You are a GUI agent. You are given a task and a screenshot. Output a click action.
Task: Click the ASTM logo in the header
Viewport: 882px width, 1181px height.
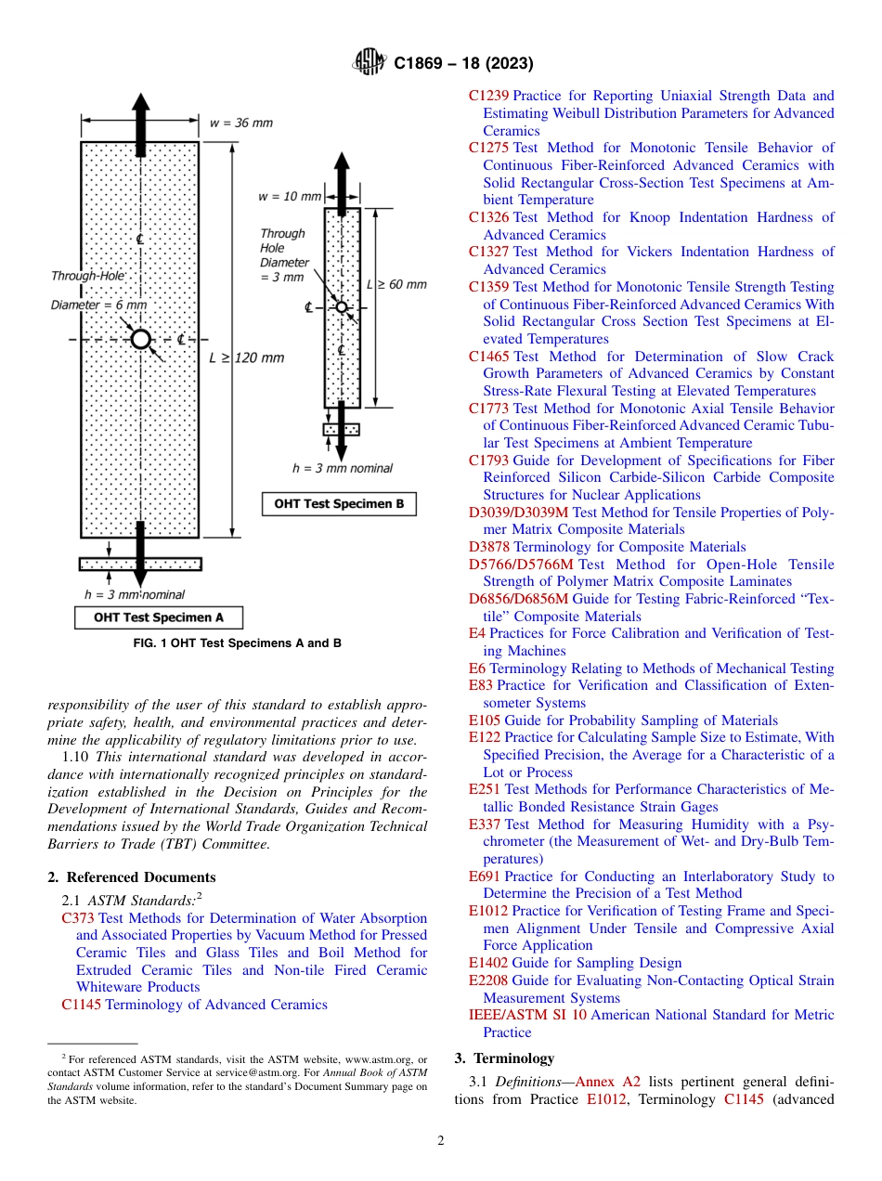pyautogui.click(x=370, y=63)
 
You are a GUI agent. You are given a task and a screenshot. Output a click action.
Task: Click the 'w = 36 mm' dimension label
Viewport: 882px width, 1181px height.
pyautogui.click(x=241, y=123)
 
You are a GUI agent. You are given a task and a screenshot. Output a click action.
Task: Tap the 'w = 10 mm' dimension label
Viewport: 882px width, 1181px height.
pyautogui.click(x=290, y=197)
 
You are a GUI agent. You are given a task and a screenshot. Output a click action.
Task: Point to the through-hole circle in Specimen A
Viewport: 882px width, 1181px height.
pyautogui.click(x=140, y=340)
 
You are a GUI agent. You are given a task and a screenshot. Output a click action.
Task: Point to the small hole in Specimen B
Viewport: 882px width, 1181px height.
pyautogui.click(x=341, y=307)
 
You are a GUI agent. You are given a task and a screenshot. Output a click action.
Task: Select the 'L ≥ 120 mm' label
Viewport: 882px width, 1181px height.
pyautogui.click(x=246, y=357)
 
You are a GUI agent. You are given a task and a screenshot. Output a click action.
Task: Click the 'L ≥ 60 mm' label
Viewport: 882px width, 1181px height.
pyautogui.click(x=396, y=284)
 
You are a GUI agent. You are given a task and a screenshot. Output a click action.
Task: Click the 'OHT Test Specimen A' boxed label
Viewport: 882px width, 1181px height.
pyautogui.click(x=158, y=617)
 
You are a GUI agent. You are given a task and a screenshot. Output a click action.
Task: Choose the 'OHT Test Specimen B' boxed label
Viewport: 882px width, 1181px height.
pyautogui.click(x=339, y=504)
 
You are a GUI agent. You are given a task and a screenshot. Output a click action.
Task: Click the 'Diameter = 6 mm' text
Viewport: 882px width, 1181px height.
pyautogui.click(x=98, y=305)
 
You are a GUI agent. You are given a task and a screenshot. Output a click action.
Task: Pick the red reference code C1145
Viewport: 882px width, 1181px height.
pyautogui.click(x=81, y=1005)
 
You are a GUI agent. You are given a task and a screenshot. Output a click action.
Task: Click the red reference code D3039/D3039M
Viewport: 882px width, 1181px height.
pyautogui.click(x=518, y=513)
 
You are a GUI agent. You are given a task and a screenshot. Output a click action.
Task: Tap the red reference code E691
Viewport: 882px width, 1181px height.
pyautogui.click(x=484, y=876)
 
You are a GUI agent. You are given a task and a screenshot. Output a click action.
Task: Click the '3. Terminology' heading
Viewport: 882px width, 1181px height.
pyautogui.click(x=504, y=1058)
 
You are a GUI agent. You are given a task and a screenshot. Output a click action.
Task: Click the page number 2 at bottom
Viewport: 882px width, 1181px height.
pyautogui.click(x=441, y=1141)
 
